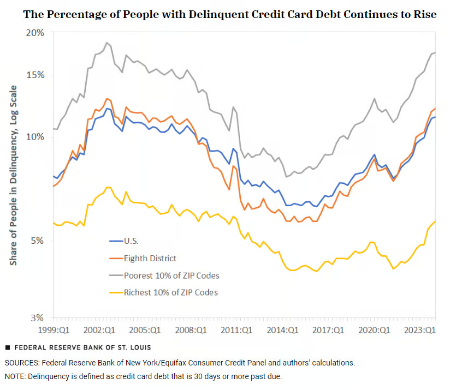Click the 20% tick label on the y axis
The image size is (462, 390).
(x=35, y=33)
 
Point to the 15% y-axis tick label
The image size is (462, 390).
(x=35, y=75)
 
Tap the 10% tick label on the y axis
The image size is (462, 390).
(x=35, y=136)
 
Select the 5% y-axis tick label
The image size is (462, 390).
(x=37, y=241)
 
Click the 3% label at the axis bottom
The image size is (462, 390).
(x=37, y=318)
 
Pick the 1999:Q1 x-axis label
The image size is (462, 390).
(x=54, y=330)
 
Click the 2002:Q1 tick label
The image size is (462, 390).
(x=99, y=330)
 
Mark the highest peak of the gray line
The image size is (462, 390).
(x=107, y=43)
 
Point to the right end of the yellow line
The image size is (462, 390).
(x=435, y=221)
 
